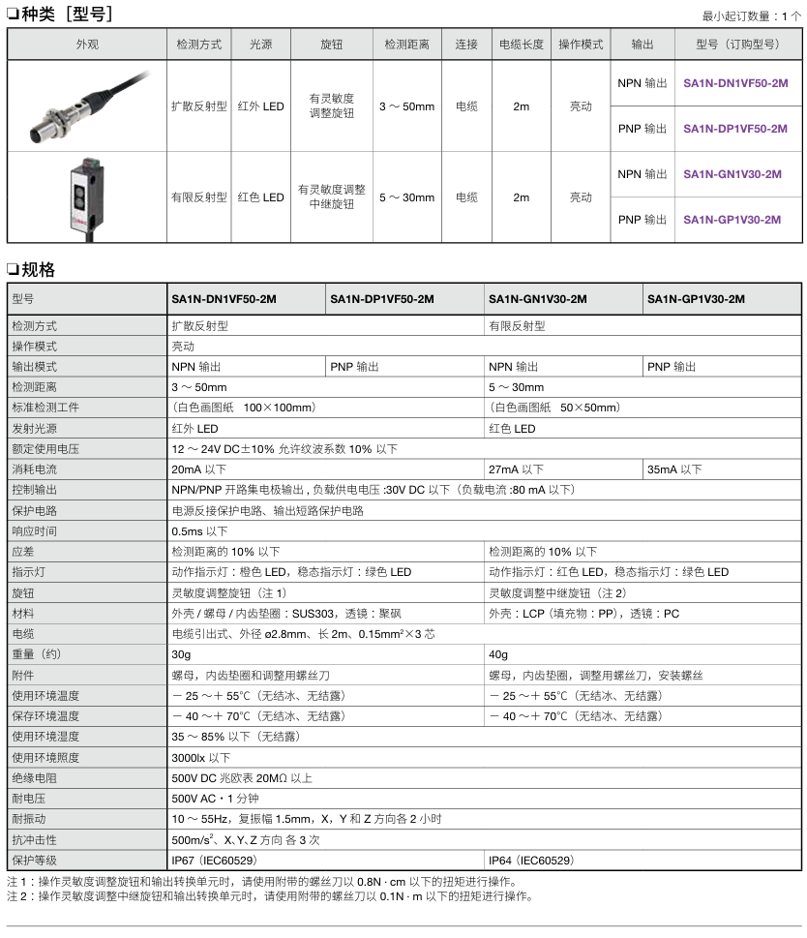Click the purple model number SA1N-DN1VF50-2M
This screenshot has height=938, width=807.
pos(735,83)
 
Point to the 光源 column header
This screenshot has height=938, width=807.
pos(260,45)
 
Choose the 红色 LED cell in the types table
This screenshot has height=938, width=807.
pos(260,197)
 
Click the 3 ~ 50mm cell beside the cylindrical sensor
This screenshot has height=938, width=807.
pos(406,106)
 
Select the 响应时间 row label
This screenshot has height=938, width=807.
pos(34,531)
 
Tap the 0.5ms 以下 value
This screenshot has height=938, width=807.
pos(199,531)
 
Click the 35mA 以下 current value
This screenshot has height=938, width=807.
pos(674,469)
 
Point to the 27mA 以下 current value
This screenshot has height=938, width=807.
pos(516,469)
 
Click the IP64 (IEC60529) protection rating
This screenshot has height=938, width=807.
pos(531,860)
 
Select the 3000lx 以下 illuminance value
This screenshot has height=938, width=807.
pos(201,758)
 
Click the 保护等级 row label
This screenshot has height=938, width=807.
pos(34,860)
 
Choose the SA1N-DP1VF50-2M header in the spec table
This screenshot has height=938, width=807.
pos(382,299)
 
